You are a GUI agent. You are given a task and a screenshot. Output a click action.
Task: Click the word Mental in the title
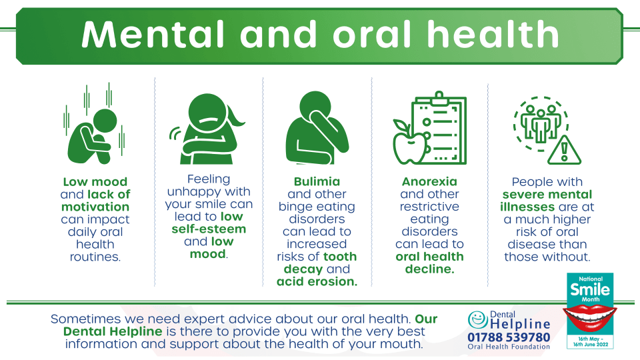[x=153, y=34]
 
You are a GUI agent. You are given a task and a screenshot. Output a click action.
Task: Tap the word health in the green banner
[x=493, y=34]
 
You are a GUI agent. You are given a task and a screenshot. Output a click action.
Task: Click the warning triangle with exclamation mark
[x=564, y=150]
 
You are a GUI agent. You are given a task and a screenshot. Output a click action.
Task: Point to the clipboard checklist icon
[x=439, y=128]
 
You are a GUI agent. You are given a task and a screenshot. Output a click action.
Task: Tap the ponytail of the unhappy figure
[x=235, y=116]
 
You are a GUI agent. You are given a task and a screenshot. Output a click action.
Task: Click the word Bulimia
[x=317, y=181]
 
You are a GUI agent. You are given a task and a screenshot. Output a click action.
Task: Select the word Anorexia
[x=429, y=181]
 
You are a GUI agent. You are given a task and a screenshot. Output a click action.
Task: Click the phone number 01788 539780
[x=509, y=337]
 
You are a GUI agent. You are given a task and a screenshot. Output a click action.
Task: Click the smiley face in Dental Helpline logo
[x=477, y=320]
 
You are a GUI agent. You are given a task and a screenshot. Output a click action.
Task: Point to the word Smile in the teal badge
[x=590, y=290]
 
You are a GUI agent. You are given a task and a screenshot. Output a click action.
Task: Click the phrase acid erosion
[x=317, y=281]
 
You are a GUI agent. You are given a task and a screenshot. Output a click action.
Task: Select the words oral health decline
[x=429, y=263]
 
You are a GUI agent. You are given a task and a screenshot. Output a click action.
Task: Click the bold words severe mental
[x=547, y=194]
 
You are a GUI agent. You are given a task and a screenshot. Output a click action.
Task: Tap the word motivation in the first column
[x=95, y=207]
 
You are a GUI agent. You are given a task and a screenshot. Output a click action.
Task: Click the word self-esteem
[x=209, y=229]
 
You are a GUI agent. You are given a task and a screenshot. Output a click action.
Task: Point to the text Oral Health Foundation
[x=509, y=347]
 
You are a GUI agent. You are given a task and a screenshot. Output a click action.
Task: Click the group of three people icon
[x=541, y=123]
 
